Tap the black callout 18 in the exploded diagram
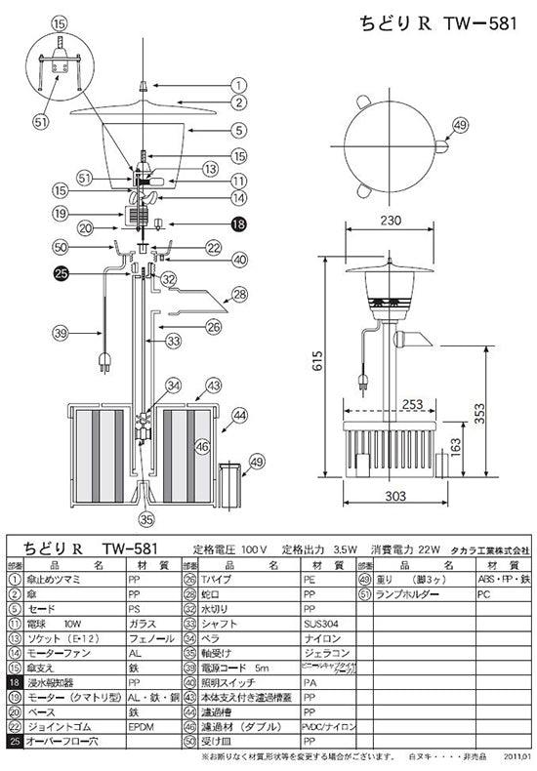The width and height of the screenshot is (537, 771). (x=239, y=223)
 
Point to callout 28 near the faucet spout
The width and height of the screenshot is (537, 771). (x=238, y=294)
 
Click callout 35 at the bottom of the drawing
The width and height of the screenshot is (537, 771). (x=146, y=518)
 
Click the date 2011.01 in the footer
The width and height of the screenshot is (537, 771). (x=518, y=756)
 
